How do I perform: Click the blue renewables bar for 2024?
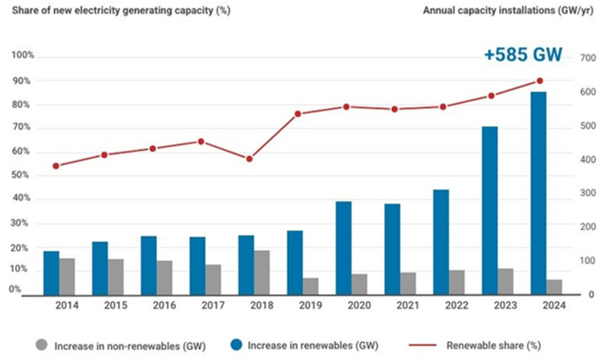point(538,193)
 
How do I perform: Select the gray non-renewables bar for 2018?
point(261,272)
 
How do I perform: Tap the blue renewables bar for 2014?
point(50,273)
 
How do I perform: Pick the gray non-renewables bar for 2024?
point(555,288)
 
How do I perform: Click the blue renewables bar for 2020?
point(344,248)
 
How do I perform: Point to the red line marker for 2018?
point(249,159)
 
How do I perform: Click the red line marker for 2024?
point(540,80)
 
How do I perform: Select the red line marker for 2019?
point(298,114)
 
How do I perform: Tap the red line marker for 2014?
point(56,166)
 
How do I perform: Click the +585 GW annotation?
point(523,54)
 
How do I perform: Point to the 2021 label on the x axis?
point(408,306)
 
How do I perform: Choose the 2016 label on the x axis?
point(164,306)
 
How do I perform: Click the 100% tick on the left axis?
point(23,55)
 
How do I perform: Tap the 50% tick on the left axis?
point(20,175)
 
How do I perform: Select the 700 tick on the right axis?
point(588,58)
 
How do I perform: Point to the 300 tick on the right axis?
point(588,193)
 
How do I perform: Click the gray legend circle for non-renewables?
point(41,345)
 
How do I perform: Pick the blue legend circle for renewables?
point(236,345)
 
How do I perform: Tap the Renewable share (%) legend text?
point(493,346)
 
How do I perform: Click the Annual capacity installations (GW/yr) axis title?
point(509,11)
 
